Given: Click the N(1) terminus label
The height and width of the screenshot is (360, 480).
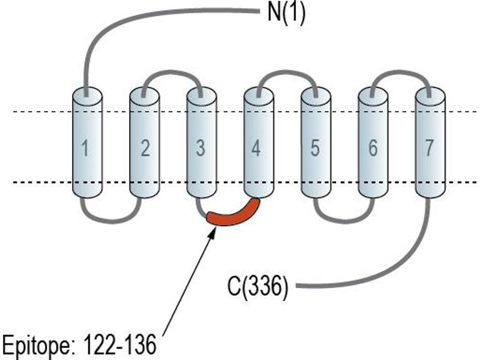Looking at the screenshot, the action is point(286,13).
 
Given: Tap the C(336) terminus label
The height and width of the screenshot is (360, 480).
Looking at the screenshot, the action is point(258,287).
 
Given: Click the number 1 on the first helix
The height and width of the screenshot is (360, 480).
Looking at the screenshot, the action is point(85,148).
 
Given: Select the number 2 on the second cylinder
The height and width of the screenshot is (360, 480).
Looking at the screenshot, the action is point(145,148).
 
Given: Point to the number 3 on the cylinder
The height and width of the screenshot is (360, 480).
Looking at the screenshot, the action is point(200,148).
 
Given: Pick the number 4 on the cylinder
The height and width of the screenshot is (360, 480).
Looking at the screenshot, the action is point(256,148).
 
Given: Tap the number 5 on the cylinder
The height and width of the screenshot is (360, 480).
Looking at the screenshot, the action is point(315,148).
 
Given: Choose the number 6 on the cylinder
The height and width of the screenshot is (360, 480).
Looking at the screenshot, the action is point(373,148).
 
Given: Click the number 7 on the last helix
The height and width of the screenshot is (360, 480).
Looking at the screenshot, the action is point(429,148).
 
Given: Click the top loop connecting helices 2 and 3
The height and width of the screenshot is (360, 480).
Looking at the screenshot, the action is point(172,73).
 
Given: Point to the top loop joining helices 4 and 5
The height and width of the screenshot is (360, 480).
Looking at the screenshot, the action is point(287,73).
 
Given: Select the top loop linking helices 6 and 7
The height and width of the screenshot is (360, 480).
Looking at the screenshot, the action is point(401,73).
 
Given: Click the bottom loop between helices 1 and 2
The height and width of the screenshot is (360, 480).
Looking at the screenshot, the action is point(112,221).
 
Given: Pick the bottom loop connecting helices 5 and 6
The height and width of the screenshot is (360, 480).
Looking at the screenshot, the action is point(344,221).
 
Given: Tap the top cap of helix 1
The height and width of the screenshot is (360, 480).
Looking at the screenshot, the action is point(87,94).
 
